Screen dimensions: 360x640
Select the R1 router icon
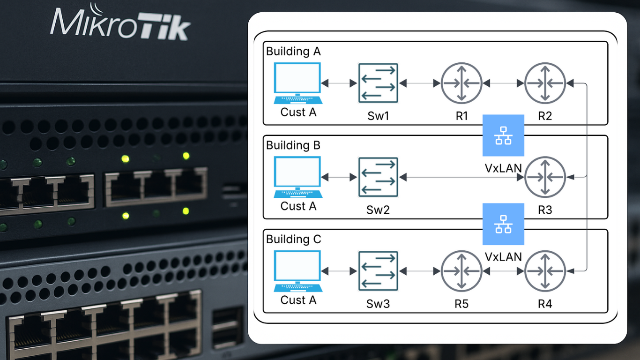[x=461, y=83]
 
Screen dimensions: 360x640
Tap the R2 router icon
[x=545, y=83]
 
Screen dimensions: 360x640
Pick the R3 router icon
[x=545, y=177]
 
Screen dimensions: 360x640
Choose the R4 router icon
[x=545, y=271]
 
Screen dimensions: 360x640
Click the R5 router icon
[x=461, y=271]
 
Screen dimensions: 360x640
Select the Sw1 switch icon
[x=378, y=83]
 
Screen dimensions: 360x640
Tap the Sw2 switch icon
[x=378, y=177]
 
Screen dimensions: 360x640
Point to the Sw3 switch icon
[x=378, y=271]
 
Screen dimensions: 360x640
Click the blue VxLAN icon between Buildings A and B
[x=503, y=135]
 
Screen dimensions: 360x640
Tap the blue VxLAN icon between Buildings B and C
[x=503, y=224]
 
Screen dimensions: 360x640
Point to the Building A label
[x=293, y=52]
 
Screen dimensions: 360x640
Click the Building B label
[x=293, y=145]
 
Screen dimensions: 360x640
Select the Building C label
[x=294, y=239]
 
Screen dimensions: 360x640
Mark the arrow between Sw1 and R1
[x=420, y=83]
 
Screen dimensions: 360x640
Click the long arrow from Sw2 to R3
[x=461, y=177]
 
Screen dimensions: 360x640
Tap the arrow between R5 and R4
[x=503, y=271]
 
